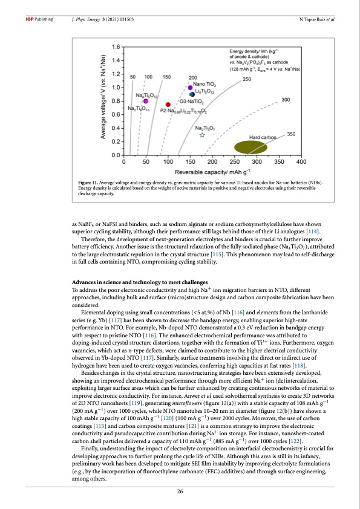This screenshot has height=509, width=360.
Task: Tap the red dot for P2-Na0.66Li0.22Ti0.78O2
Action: [168, 105]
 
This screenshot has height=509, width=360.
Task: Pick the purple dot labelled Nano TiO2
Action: [190, 88]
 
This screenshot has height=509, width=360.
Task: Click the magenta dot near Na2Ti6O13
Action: [146, 101]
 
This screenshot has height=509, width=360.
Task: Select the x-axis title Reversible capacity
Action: [212, 172]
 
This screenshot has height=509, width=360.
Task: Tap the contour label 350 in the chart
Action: [290, 134]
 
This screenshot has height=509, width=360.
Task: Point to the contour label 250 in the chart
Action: [247, 79]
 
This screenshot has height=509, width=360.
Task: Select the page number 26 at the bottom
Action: [180, 491]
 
